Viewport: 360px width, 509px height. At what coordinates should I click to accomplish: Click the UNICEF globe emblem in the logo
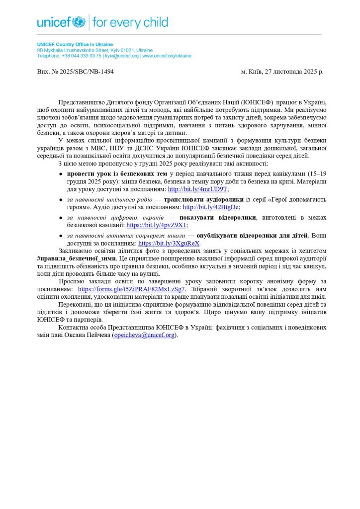click(x=79, y=22)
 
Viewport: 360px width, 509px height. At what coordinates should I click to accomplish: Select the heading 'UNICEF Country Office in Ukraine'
click(x=75, y=45)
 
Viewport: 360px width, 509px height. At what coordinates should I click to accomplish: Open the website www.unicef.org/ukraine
click(x=167, y=56)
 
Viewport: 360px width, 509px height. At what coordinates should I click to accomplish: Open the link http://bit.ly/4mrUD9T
click(x=197, y=189)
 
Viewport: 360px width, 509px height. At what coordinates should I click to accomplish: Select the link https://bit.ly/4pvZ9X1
click(x=157, y=225)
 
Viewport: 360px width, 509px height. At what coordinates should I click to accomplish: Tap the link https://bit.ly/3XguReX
click(x=169, y=244)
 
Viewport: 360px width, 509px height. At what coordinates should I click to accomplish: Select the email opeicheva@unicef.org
click(x=144, y=335)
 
